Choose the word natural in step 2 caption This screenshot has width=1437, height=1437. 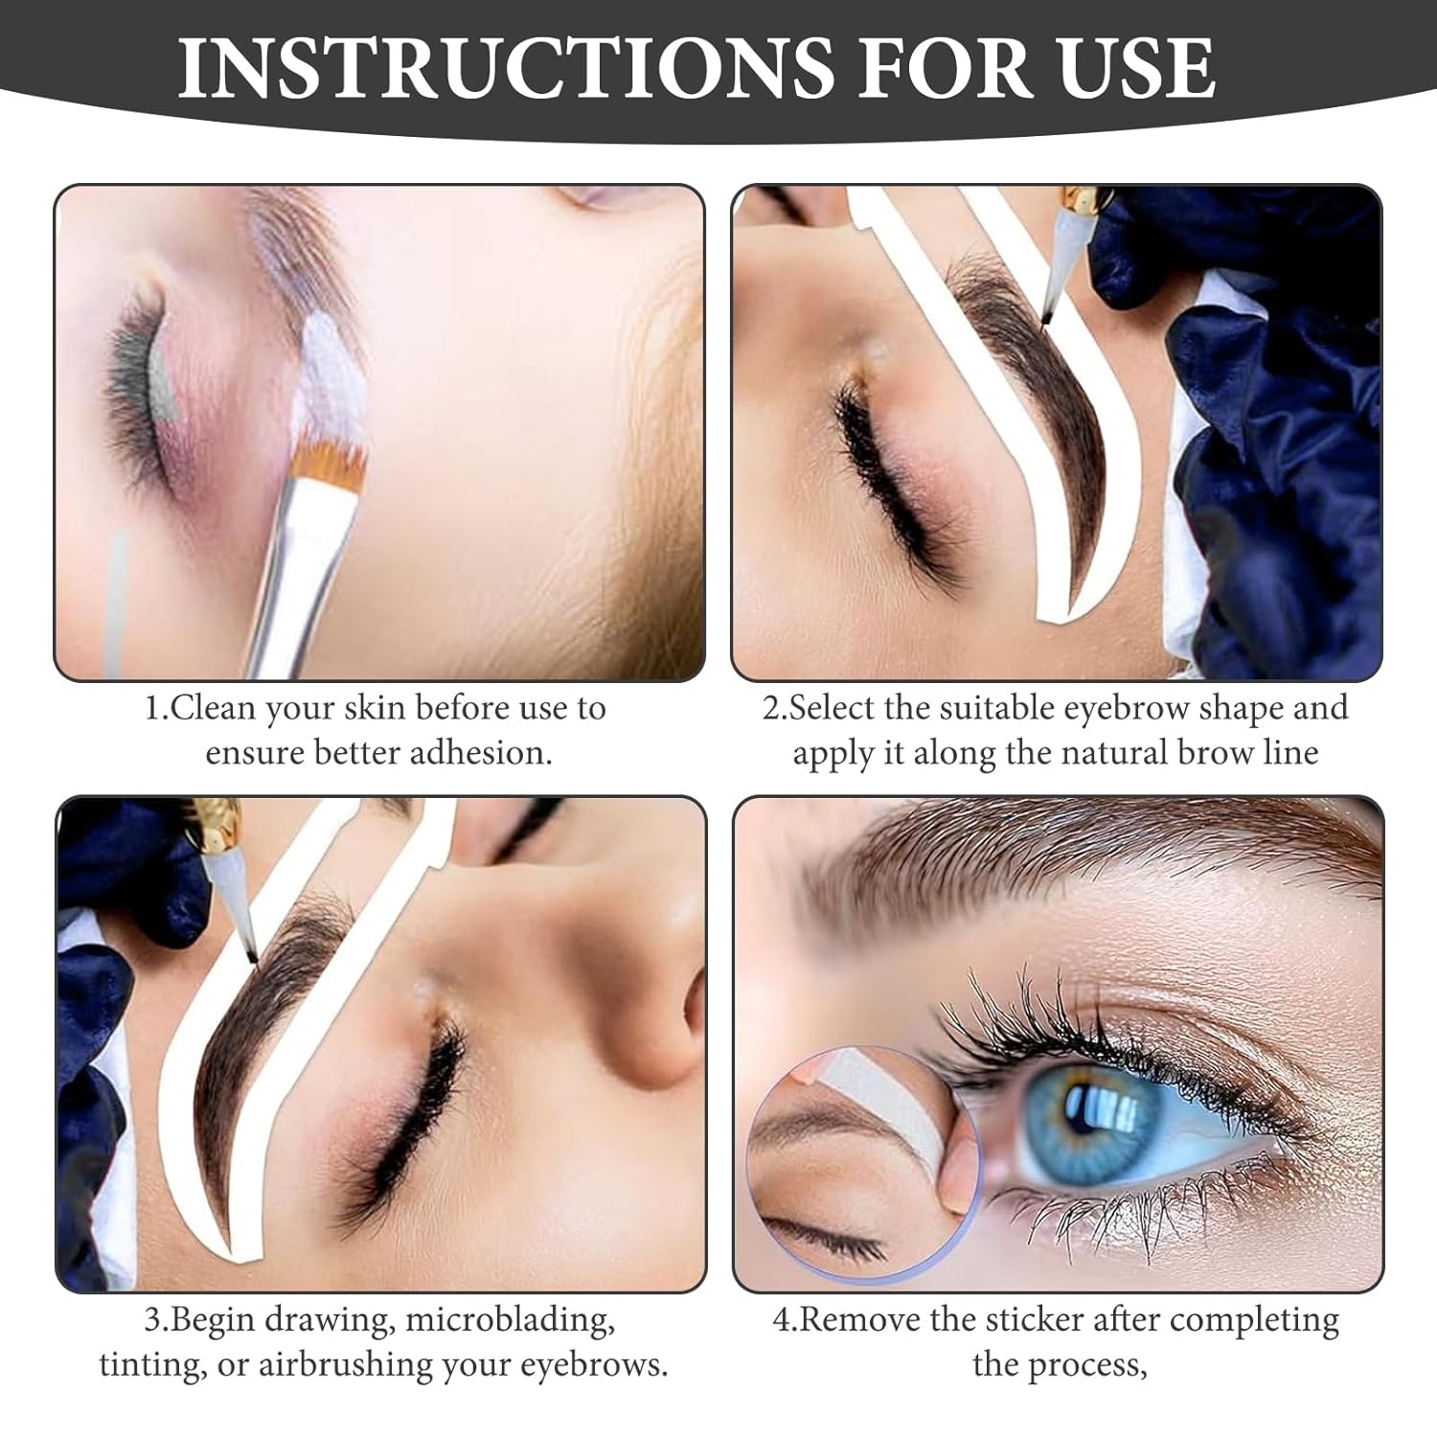1108,753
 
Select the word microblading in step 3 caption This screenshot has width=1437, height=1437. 509,1321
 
